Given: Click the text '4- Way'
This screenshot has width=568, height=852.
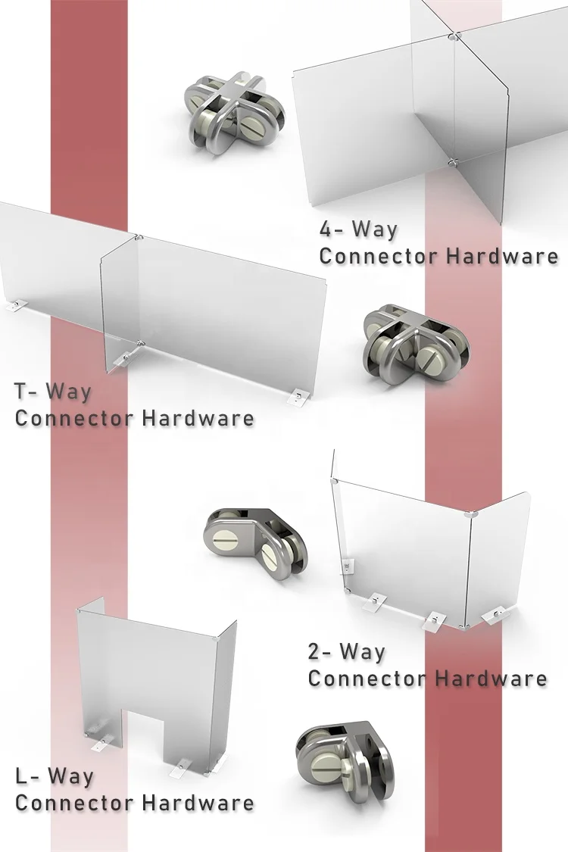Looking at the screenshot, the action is [x=358, y=229].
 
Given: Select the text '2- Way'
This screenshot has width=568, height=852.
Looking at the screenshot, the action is [x=346, y=651].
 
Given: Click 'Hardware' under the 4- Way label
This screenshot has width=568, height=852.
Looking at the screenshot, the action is [x=502, y=255].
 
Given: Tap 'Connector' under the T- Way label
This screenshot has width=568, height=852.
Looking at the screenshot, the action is [x=74, y=418].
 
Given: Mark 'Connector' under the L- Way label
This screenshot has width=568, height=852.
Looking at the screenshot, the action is [x=74, y=803].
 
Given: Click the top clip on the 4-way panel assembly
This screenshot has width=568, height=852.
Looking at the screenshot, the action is [x=452, y=36].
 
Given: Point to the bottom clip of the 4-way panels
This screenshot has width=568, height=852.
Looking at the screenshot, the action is [x=451, y=161].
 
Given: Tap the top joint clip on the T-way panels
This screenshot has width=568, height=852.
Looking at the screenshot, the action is [x=139, y=238].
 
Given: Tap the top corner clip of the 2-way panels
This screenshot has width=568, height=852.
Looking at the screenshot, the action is [x=472, y=514].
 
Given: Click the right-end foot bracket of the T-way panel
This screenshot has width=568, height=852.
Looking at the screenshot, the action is [x=301, y=395].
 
